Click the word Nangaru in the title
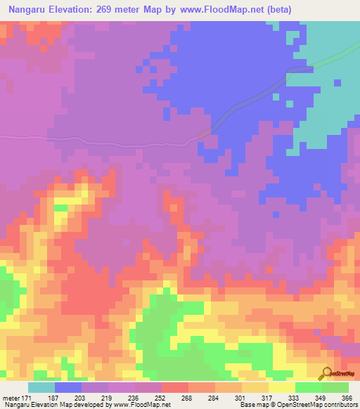click(x=29, y=9)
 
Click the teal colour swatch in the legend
click(x=41, y=387)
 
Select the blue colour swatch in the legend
click(x=67, y=387)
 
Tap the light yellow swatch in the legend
click(x=281, y=387)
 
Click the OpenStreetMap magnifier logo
click(x=327, y=374)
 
